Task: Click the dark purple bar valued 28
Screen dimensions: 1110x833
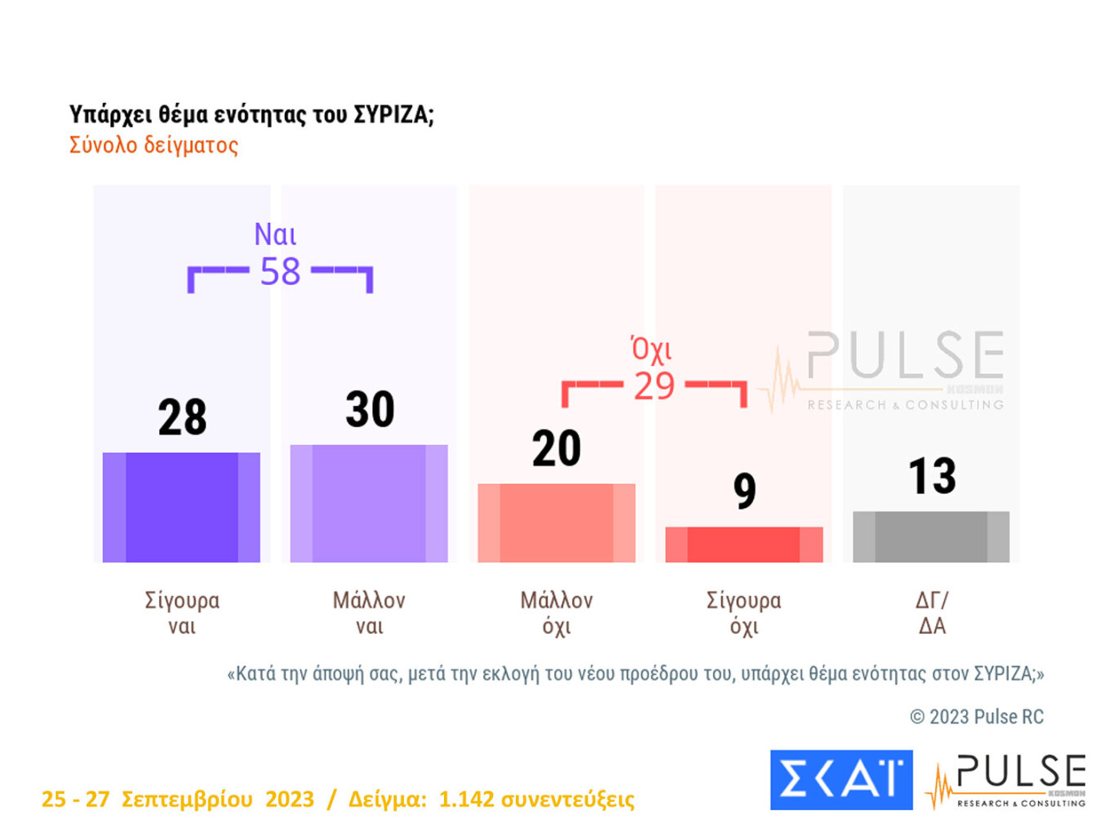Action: point(181,507)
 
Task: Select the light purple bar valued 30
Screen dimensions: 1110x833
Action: point(369,503)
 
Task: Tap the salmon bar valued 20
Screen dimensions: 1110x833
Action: point(557,523)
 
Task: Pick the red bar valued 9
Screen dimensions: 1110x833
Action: point(744,544)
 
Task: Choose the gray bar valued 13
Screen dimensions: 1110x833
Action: point(931,537)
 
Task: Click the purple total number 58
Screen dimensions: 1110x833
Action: point(280,272)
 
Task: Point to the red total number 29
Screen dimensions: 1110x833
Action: point(654,386)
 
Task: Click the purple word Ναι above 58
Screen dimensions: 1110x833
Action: point(275,234)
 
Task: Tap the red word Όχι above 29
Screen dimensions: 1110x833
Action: point(651,349)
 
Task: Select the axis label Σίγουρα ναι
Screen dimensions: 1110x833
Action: point(182,613)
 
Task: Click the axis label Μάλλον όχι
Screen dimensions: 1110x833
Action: point(557,613)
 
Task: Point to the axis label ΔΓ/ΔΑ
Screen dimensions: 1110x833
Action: point(932,613)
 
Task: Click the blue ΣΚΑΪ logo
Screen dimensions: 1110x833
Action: point(841,779)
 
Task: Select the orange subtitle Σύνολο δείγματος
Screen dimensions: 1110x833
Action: point(153,145)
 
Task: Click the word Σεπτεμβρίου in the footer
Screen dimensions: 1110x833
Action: point(187,800)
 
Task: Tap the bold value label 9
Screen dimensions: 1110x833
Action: point(744,491)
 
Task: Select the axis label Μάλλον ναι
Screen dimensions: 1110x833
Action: point(369,613)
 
